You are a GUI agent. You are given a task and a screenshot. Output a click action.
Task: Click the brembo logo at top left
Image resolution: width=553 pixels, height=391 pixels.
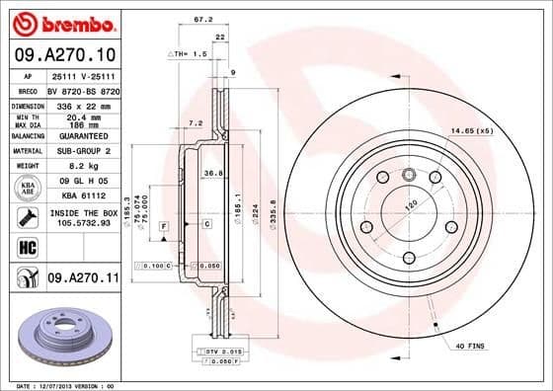(63, 22)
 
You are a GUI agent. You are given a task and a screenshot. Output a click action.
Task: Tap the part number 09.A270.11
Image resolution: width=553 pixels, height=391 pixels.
(82, 280)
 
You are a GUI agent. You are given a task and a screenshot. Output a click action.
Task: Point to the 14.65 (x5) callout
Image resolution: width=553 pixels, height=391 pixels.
(470, 130)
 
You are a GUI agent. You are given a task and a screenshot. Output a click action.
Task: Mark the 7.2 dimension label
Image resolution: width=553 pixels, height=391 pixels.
(196, 123)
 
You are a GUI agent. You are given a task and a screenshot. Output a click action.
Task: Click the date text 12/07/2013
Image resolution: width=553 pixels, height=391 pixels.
(55, 385)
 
